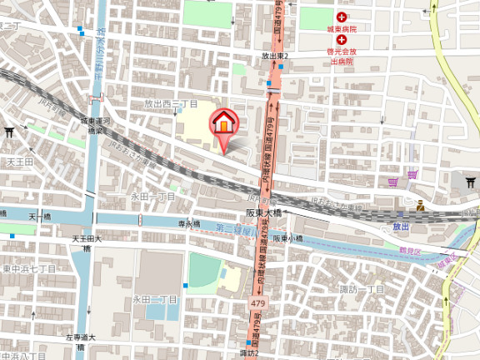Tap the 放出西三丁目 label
(x=171, y=104)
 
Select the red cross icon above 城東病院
(x=342, y=17)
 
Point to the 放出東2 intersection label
(x=272, y=56)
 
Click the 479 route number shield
(x=258, y=305)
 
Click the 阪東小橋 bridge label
(x=287, y=237)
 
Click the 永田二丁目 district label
(x=155, y=299)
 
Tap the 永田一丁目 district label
(x=152, y=197)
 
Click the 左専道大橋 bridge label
(x=81, y=341)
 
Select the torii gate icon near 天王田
(x=10, y=132)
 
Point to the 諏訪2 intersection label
(x=248, y=353)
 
